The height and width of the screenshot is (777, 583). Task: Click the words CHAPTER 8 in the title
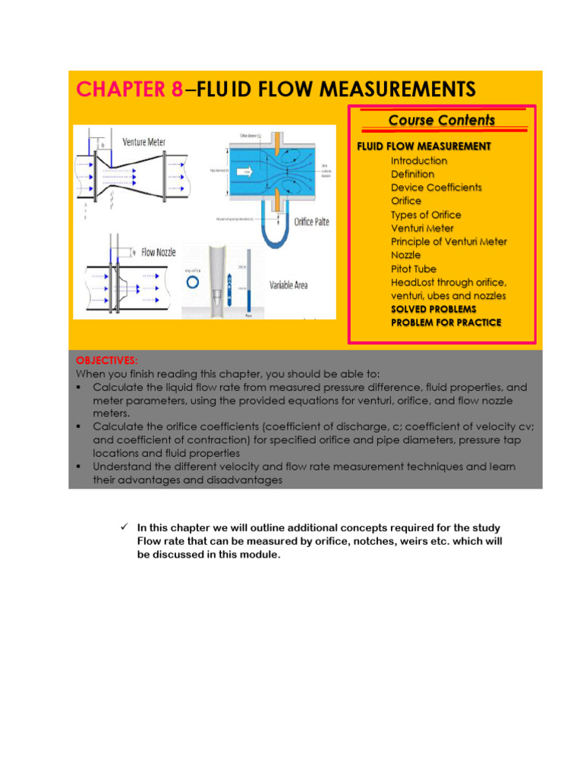tap(129, 90)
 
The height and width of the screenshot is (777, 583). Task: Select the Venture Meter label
tap(143, 142)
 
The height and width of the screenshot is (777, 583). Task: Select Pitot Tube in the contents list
tap(413, 269)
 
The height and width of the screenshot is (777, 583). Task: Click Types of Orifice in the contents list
tap(425, 215)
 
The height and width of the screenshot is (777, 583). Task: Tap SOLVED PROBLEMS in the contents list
tap(433, 310)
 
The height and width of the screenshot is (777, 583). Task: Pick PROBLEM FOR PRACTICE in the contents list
tap(446, 322)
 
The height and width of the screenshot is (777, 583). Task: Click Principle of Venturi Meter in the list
tap(449, 241)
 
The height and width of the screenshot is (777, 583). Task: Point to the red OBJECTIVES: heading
tap(102, 360)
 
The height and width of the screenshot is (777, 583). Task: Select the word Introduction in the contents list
tap(418, 161)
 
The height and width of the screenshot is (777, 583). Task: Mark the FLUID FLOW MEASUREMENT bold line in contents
tap(424, 146)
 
